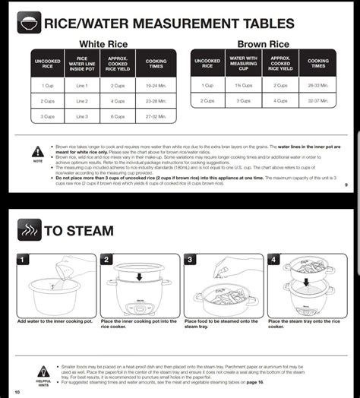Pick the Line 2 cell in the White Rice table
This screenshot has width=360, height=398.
point(82,100)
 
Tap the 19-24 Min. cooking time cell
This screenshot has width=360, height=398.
point(156,85)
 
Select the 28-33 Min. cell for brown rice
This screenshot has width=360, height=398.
point(318,85)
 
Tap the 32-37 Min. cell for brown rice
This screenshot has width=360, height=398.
point(318,100)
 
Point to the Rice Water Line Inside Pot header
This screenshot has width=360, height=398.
point(82,63)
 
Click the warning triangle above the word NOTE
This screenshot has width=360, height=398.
point(37,152)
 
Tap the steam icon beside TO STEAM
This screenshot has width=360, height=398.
point(27,229)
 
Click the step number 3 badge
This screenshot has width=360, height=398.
point(191,260)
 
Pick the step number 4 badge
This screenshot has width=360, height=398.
point(274,260)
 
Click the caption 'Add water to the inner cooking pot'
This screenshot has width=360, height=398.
point(55,321)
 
